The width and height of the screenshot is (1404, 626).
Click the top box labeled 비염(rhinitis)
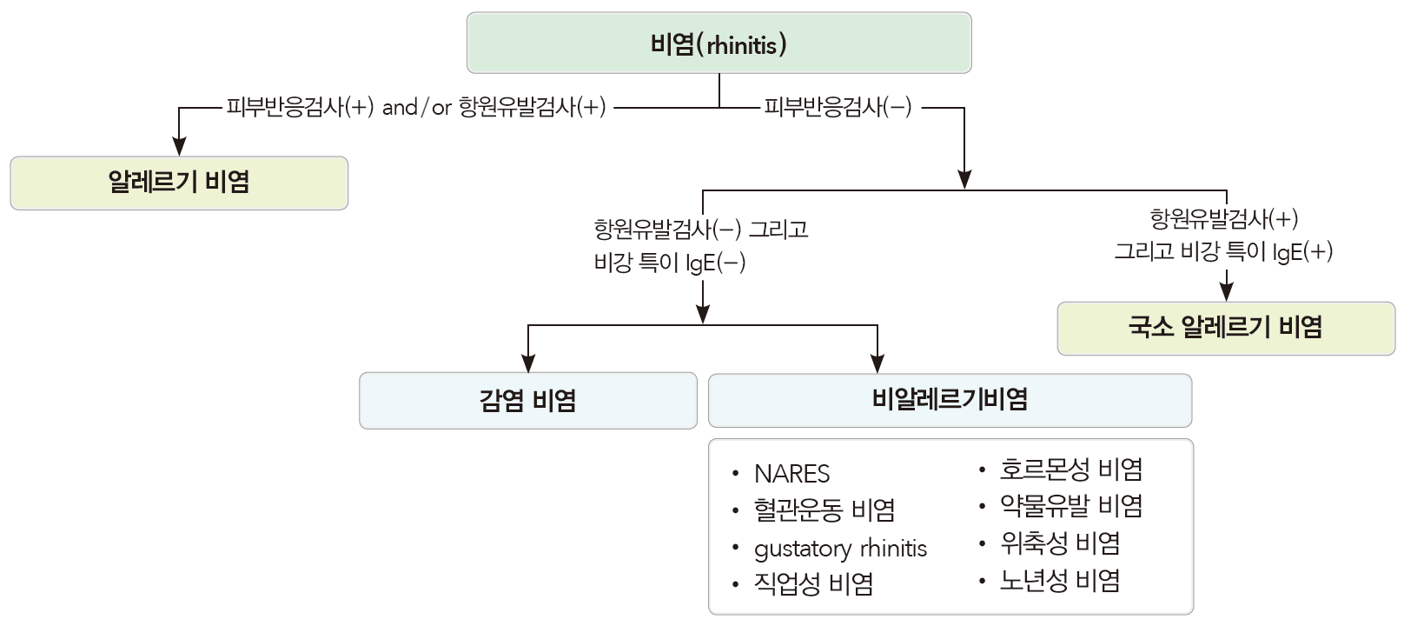[x=719, y=43]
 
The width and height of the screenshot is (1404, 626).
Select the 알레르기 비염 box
[x=179, y=183]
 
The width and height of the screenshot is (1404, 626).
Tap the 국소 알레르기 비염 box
[x=1225, y=328]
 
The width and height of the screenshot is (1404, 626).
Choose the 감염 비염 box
[x=527, y=401]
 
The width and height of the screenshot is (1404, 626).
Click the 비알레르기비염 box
[x=950, y=400]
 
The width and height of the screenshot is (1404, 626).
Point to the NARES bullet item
[x=791, y=474]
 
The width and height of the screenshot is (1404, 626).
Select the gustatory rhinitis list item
[x=839, y=549]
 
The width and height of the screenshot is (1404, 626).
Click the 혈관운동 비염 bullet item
[x=824, y=510]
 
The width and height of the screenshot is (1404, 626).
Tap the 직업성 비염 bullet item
[x=813, y=583]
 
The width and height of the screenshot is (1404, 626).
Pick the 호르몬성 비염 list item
[x=1070, y=469]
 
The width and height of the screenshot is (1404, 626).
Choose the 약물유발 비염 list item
[x=1070, y=506]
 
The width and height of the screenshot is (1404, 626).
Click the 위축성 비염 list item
[x=1060, y=543]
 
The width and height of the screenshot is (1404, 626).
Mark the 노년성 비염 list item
[x=1060, y=581]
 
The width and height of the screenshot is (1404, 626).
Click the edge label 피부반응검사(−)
[x=838, y=108]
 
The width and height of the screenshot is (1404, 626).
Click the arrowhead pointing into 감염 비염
[x=528, y=363]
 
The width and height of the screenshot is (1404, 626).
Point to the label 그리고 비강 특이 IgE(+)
[x=1223, y=252]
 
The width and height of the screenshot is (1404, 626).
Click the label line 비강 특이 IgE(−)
[x=669, y=263]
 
